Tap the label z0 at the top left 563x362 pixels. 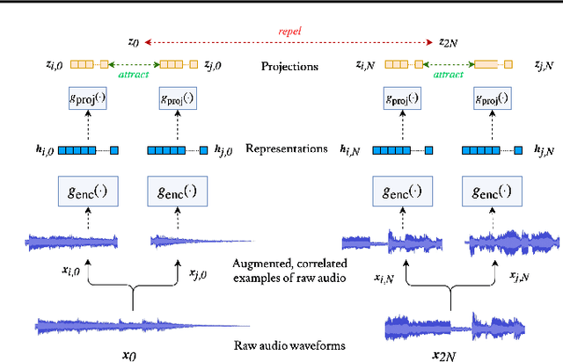(x=134, y=40)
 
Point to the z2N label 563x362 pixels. (x=448, y=40)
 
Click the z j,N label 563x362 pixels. (x=545, y=65)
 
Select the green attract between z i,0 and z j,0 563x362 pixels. (x=133, y=76)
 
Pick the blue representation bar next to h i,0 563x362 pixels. (x=89, y=149)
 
